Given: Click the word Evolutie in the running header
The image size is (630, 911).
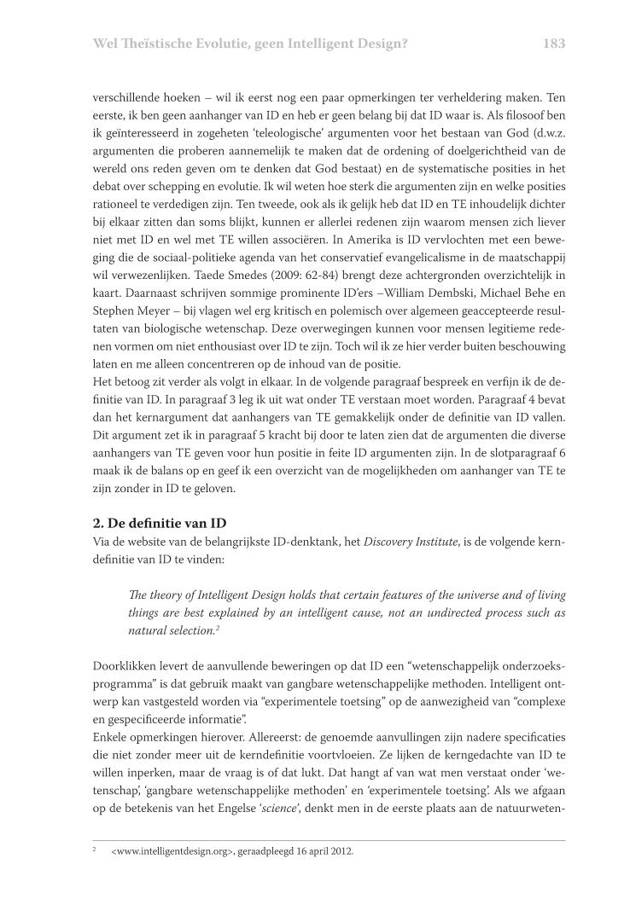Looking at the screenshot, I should [206, 43].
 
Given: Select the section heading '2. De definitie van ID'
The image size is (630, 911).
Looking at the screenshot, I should [160, 522].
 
